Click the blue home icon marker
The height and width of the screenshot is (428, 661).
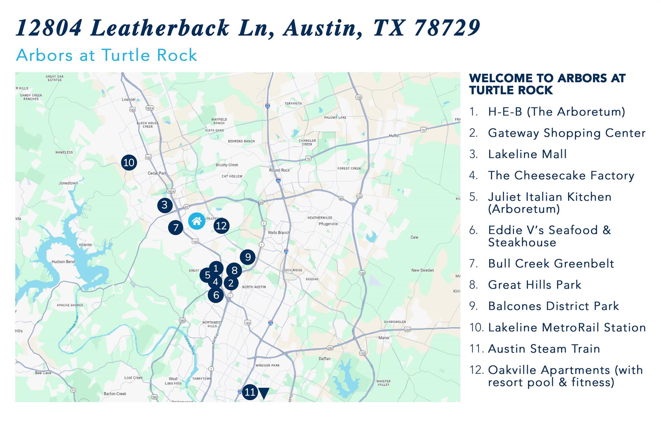click(197, 221)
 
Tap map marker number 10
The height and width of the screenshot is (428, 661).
click(129, 162)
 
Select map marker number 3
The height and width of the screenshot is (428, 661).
click(165, 205)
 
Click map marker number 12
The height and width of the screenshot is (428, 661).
click(221, 226)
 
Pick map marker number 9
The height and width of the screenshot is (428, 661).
click(248, 257)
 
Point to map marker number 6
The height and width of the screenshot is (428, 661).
click(216, 295)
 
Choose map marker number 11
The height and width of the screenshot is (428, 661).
click(250, 392)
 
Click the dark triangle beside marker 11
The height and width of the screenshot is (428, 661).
click(264, 393)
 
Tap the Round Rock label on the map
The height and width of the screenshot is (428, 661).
click(280, 170)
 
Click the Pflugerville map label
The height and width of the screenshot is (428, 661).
click(328, 224)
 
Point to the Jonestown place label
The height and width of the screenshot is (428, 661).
click(68, 183)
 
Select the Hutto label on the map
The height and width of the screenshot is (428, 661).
click(393, 136)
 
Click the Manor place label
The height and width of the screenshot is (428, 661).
click(384, 338)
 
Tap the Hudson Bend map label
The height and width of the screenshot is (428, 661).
click(63, 262)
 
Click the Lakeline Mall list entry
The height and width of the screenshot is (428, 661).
click(527, 154)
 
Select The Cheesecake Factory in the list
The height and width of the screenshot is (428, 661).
click(561, 175)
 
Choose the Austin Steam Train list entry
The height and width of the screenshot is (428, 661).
click(544, 349)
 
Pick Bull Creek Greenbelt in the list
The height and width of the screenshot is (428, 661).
click(551, 264)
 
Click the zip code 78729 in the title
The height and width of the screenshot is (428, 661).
click(447, 28)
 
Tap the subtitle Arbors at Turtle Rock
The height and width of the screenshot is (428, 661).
click(107, 55)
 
